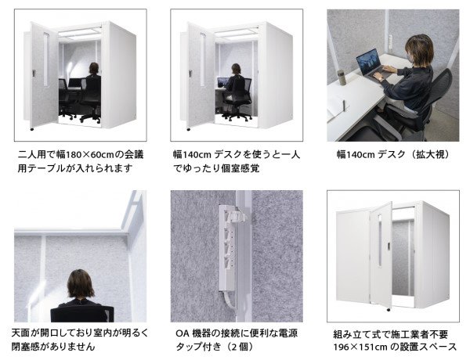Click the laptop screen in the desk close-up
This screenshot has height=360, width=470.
368,59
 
